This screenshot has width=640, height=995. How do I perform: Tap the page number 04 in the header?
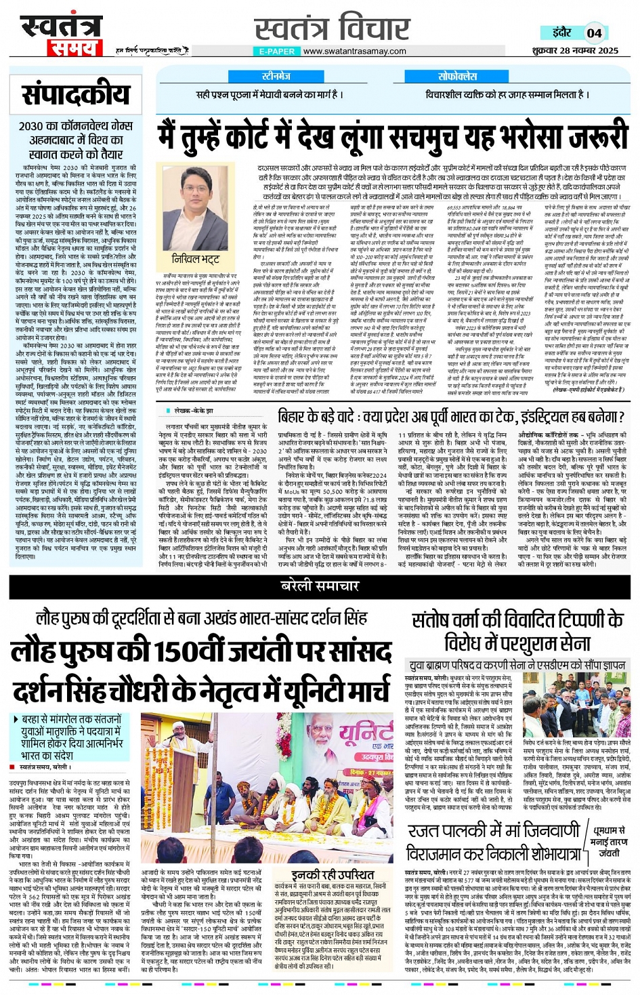tap(594, 33)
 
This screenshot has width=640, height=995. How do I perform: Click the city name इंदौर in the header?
tap(562, 33)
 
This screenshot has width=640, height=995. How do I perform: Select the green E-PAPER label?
tap(276, 52)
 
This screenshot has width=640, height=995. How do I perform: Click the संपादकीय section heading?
tap(75, 96)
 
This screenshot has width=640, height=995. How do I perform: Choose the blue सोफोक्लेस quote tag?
tap(457, 77)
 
